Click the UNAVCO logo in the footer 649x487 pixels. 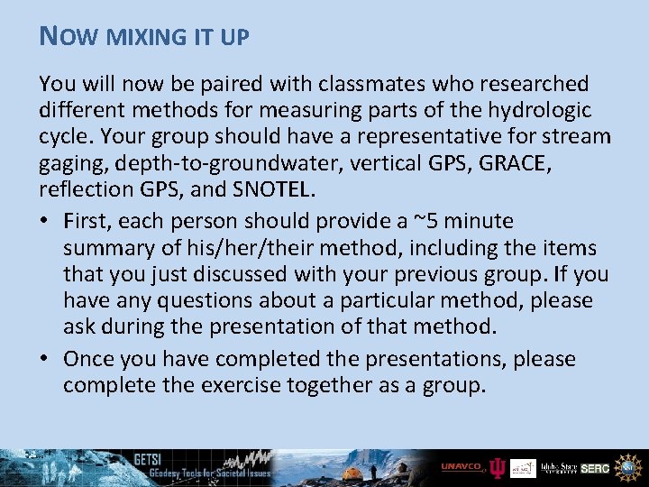click(462, 467)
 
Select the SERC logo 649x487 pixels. click(595, 468)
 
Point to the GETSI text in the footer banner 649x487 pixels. click(148, 457)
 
